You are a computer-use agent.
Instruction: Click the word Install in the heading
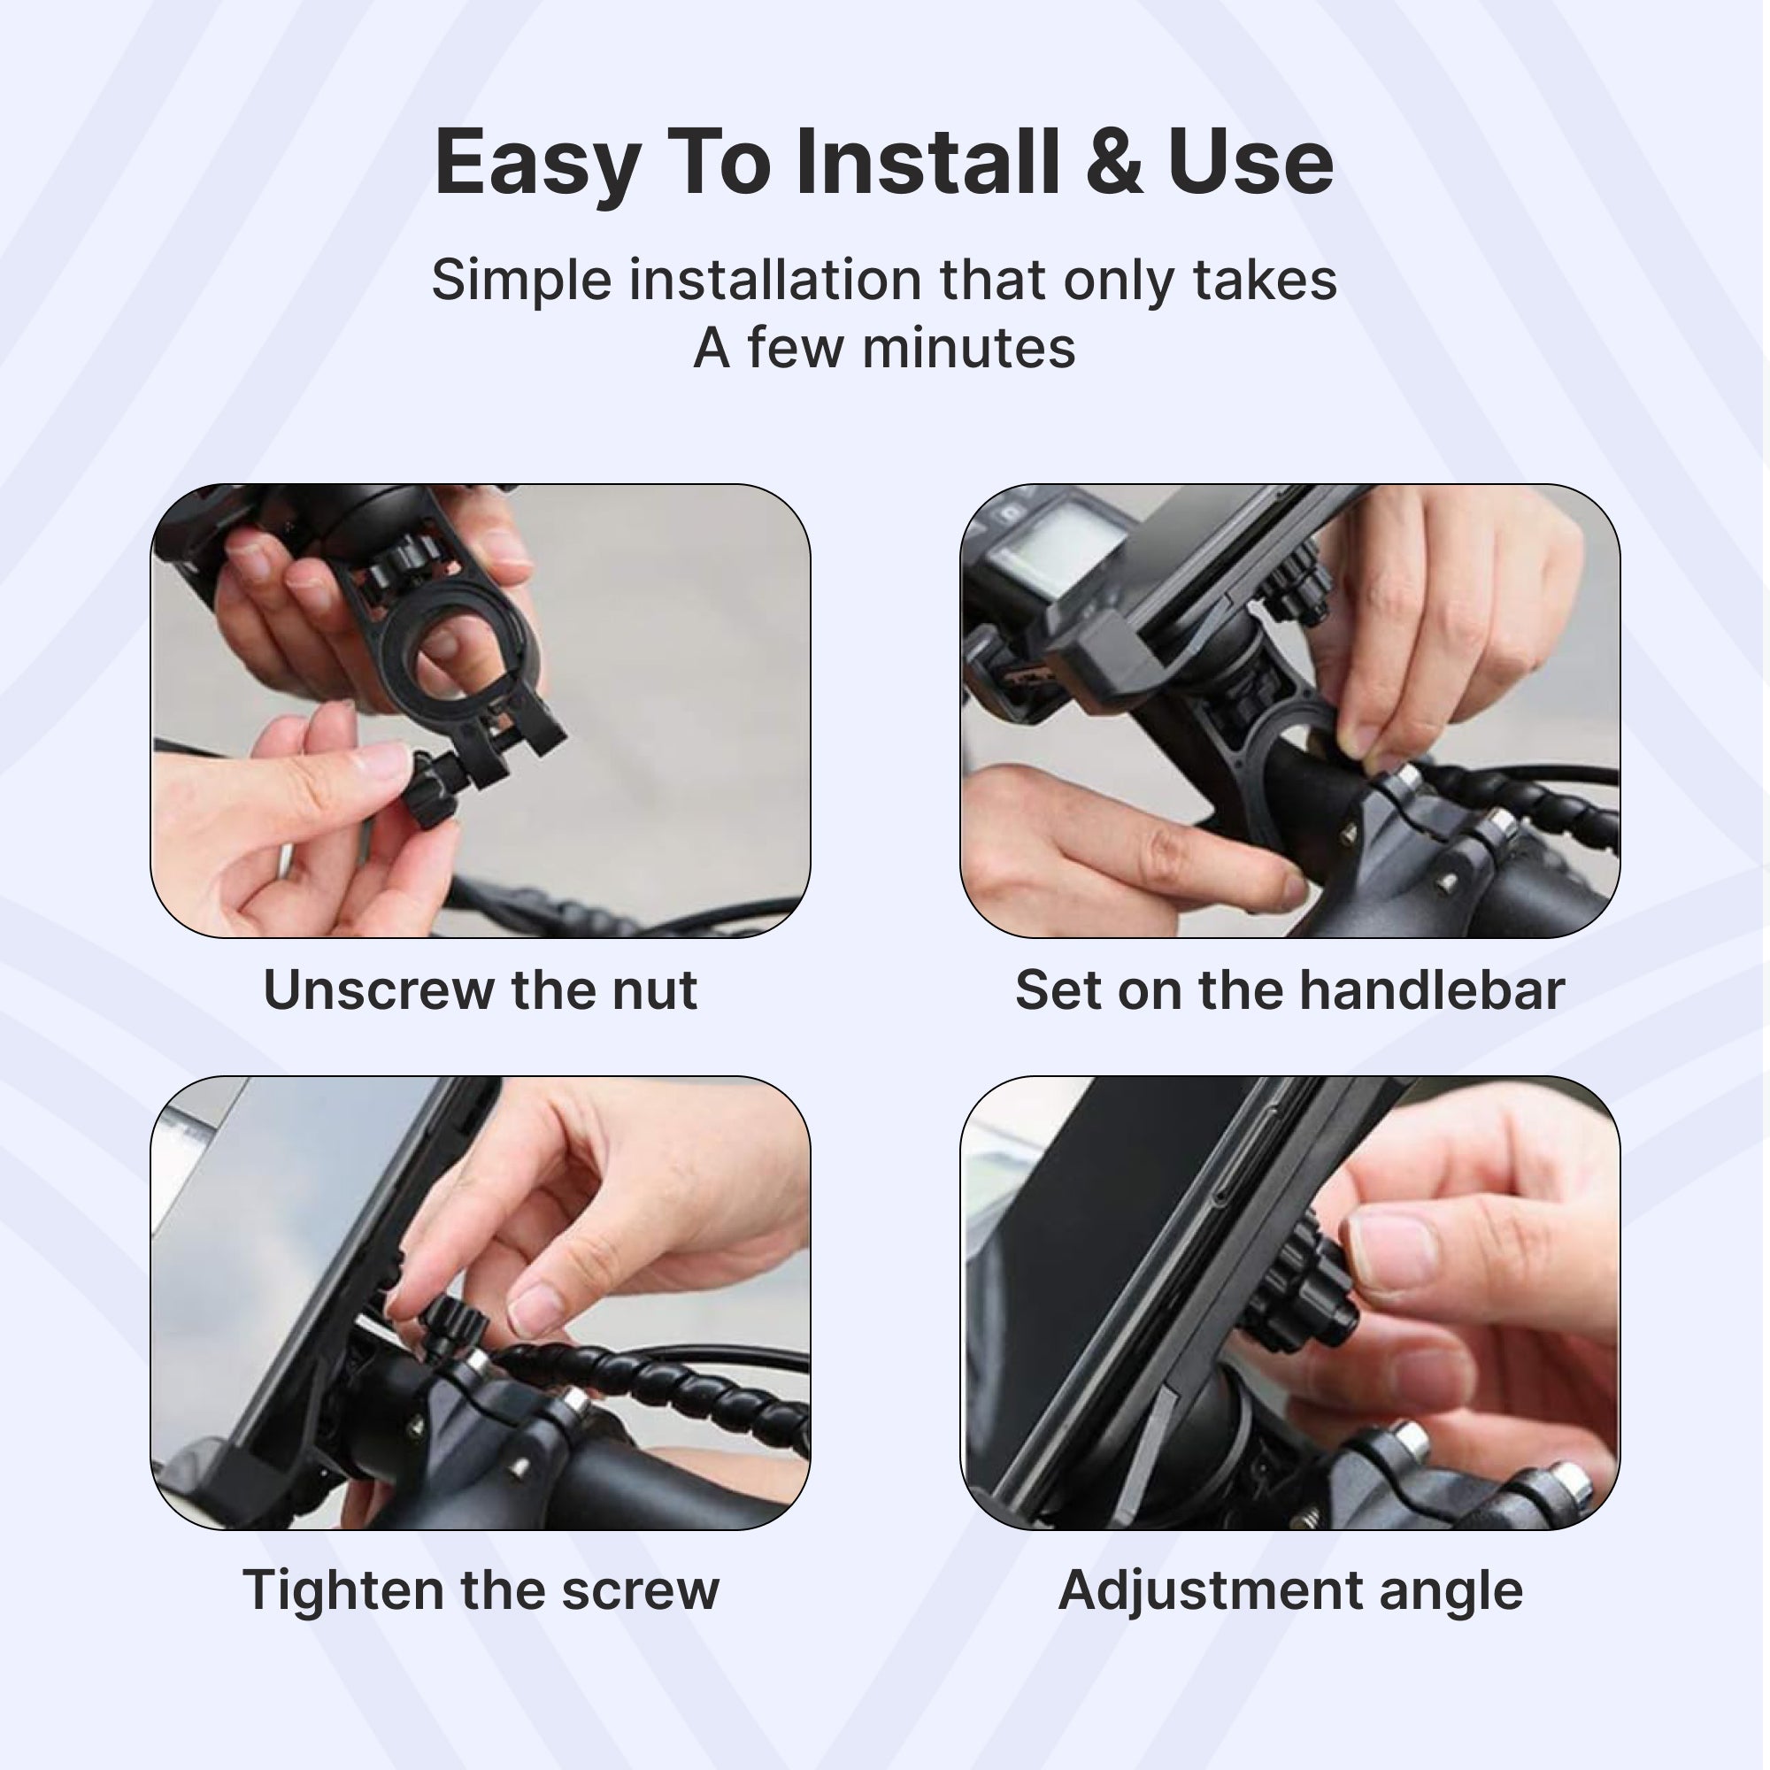tap(927, 162)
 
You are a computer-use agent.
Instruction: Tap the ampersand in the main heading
tap(1114, 162)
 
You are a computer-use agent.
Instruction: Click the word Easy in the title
tap(538, 165)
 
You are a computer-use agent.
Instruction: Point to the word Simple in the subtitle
tap(521, 281)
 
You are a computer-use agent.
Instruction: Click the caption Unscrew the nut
tap(481, 990)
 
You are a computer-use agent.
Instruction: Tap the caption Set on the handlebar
tap(1290, 990)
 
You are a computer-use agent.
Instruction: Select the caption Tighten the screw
tap(481, 1590)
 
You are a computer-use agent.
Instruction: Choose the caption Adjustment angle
tap(1290, 1590)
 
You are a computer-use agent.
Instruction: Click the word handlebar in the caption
tap(1432, 990)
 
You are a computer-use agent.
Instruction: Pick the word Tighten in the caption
tap(345, 1590)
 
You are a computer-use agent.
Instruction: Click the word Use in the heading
tap(1251, 162)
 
